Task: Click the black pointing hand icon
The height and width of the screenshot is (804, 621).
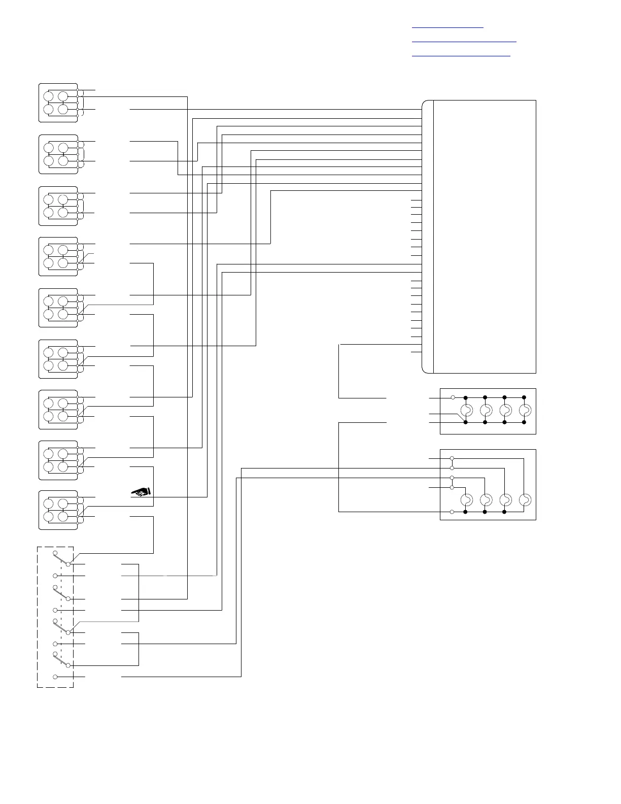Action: pyautogui.click(x=142, y=491)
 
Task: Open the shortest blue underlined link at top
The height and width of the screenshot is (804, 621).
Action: pyautogui.click(x=447, y=26)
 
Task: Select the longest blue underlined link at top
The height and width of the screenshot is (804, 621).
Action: pyautogui.click(x=464, y=41)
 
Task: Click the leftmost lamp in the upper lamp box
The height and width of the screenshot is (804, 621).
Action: pyautogui.click(x=466, y=410)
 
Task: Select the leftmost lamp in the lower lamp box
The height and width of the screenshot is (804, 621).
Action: pyautogui.click(x=466, y=500)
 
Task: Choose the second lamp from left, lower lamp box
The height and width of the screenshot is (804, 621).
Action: pyautogui.click(x=486, y=500)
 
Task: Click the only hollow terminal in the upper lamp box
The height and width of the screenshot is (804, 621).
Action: pyautogui.click(x=453, y=397)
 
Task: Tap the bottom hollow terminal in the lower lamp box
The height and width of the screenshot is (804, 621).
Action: pyautogui.click(x=452, y=512)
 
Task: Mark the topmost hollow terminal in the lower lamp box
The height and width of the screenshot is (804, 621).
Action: pyautogui.click(x=452, y=459)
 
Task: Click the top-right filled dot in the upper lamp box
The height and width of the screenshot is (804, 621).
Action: pyautogui.click(x=524, y=397)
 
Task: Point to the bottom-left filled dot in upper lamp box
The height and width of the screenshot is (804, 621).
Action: pyautogui.click(x=466, y=422)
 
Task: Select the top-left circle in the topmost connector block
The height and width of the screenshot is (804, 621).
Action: pyautogui.click(x=49, y=96)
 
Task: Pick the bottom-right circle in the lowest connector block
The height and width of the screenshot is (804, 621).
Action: pyautogui.click(x=63, y=517)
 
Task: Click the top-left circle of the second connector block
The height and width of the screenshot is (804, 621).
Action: pyautogui.click(x=49, y=148)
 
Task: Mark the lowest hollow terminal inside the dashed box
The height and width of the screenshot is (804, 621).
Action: pyautogui.click(x=55, y=677)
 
